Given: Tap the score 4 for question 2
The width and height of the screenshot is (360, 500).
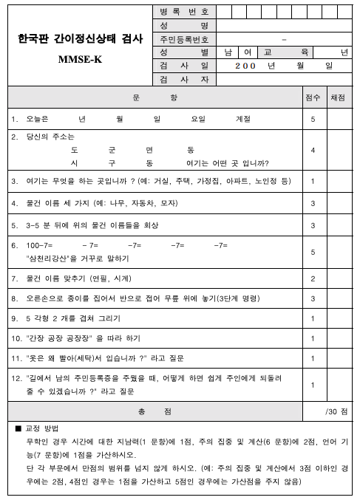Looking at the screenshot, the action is point(313,150).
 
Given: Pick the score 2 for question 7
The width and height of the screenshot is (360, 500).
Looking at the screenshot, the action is point(313,278).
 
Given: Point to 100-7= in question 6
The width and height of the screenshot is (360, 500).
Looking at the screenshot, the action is point(37,244).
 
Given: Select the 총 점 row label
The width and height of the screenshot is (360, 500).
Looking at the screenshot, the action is point(154,411).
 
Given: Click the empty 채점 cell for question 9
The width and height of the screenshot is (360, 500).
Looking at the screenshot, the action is point(339,318).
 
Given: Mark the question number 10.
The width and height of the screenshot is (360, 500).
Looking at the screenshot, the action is point(14,338).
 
